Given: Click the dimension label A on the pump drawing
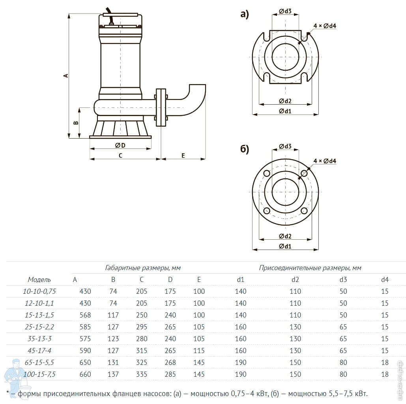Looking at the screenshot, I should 66,75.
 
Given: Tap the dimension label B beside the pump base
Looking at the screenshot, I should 77,123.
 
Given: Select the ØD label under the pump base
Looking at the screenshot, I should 120,145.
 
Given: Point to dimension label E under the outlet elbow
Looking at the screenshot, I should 183,156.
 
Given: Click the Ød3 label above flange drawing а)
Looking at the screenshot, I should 285,11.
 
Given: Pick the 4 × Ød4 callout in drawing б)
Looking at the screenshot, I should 325,161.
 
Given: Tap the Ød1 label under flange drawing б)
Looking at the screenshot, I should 285,246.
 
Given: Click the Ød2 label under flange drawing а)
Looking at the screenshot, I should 285,101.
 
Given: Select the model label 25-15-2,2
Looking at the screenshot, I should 39,327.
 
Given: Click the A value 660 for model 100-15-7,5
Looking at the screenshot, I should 85,374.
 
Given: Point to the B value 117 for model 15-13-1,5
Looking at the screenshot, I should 113,315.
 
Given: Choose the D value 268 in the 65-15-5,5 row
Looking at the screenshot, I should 170,363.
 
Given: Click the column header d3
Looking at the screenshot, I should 343,280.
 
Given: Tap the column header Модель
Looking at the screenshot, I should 39,280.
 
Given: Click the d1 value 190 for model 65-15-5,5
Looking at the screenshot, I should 241,363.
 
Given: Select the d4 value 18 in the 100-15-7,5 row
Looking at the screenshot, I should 385,374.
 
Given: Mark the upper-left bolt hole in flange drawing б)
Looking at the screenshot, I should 266,173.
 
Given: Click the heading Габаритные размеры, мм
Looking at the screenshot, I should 143,268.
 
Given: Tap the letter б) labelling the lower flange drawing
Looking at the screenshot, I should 245,149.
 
